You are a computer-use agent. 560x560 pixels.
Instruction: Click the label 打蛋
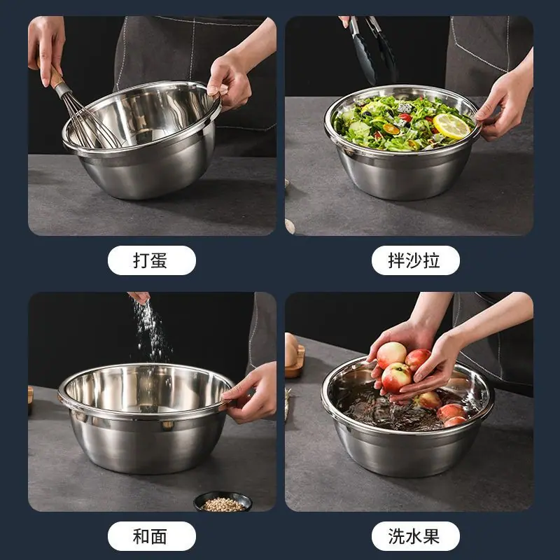pos(150,260)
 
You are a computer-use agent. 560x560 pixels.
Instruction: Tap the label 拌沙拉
pos(414,260)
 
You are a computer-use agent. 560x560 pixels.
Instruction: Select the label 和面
pos(150,536)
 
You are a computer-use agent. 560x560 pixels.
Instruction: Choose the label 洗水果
pos(414,536)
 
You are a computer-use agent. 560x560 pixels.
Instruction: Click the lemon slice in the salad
pos(451,126)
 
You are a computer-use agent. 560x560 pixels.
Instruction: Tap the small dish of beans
pos(223,502)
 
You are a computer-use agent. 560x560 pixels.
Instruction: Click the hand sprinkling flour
pos(139,297)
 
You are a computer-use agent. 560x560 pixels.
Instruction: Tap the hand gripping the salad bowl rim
pos(505,104)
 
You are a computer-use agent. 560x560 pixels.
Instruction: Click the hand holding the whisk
pos(45,48)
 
